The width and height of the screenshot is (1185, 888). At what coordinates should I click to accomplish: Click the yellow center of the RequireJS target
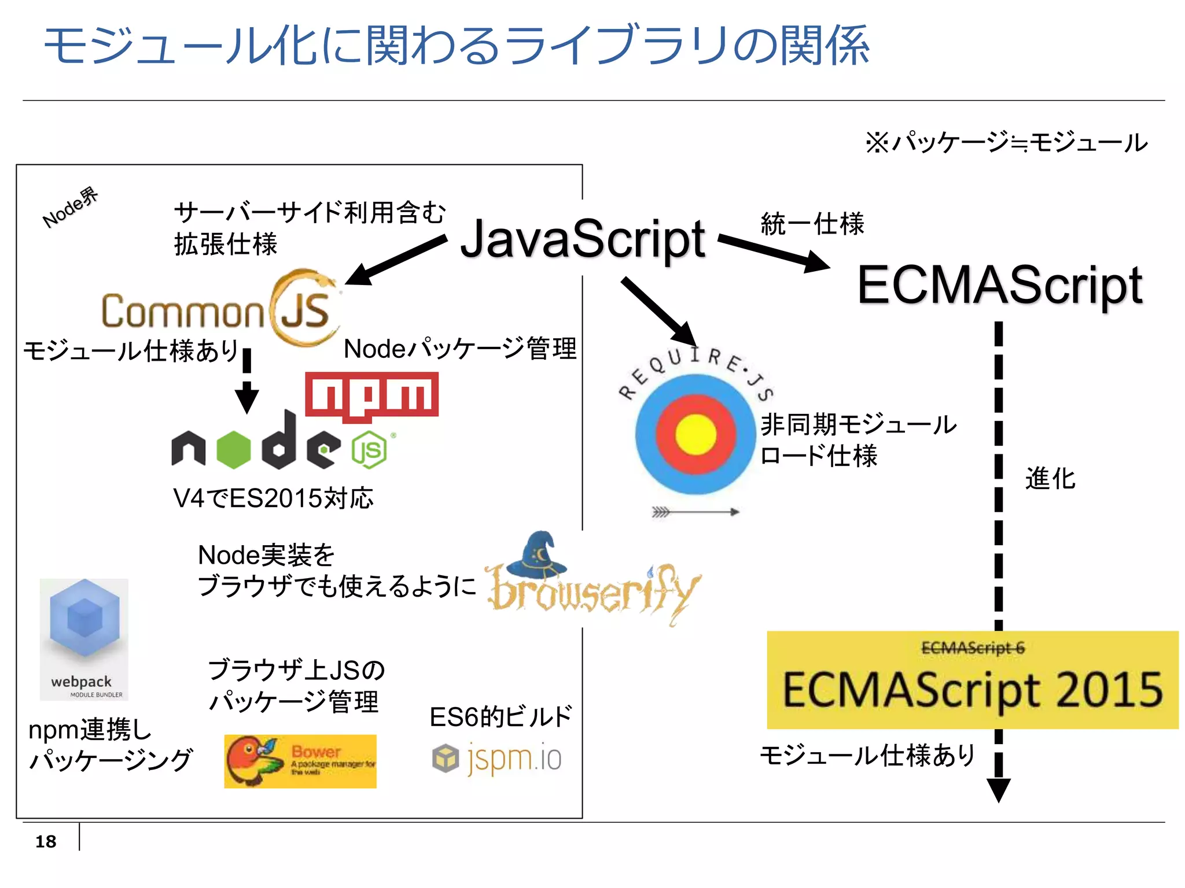click(x=695, y=434)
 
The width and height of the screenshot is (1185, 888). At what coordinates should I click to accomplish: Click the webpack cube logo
click(x=84, y=619)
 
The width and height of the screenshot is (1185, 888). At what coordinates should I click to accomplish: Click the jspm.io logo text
click(x=514, y=758)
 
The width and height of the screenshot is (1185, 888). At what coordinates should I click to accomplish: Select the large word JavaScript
click(x=583, y=239)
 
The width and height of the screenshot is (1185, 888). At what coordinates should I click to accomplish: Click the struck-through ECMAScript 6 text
click(x=973, y=648)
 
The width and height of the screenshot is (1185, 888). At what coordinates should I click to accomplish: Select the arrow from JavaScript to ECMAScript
click(x=774, y=252)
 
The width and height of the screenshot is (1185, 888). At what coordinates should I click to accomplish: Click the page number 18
click(x=46, y=841)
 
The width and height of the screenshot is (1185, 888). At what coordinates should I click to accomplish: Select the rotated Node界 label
click(x=70, y=208)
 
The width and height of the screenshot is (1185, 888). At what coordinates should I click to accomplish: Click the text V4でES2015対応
click(x=273, y=498)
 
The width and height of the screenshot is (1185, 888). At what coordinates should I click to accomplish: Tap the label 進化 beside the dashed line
click(x=1050, y=479)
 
